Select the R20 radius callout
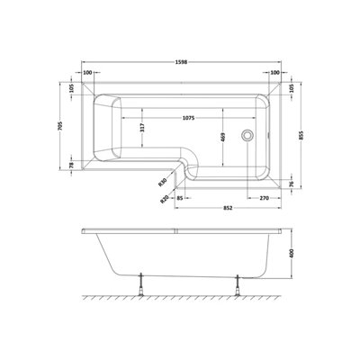click(x=164, y=200)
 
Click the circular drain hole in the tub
click(x=248, y=137)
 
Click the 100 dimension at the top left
click(x=88, y=73)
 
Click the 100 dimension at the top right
click(x=271, y=73)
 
